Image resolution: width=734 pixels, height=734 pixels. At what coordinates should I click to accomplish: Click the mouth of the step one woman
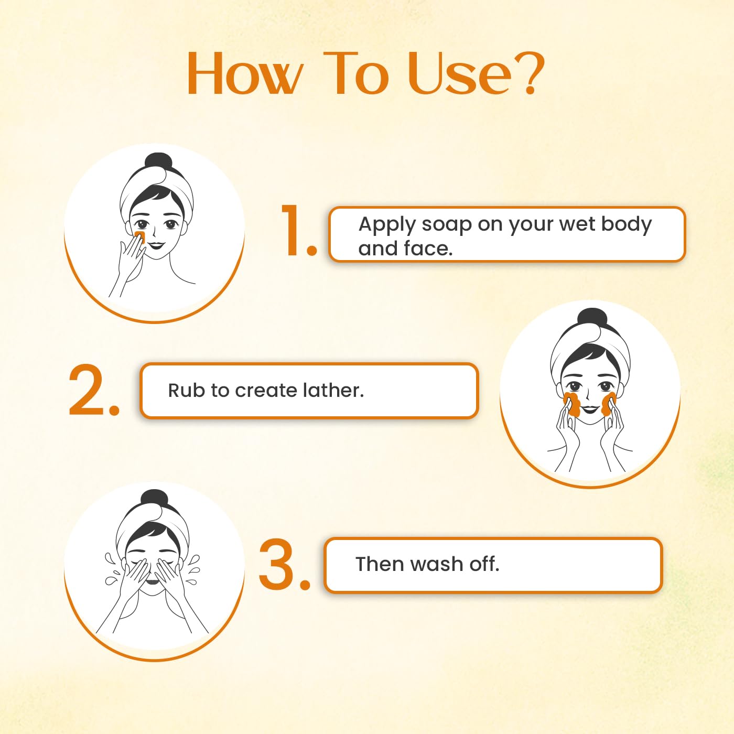pyautogui.click(x=157, y=246)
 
